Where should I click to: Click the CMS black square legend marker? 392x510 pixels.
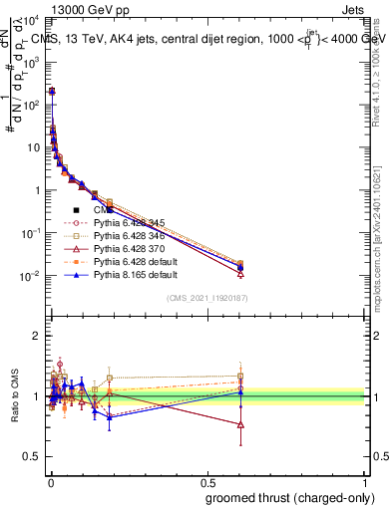tap(76, 210)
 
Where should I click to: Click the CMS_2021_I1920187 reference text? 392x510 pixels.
tap(207, 299)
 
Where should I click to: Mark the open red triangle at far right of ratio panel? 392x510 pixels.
tap(240, 424)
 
